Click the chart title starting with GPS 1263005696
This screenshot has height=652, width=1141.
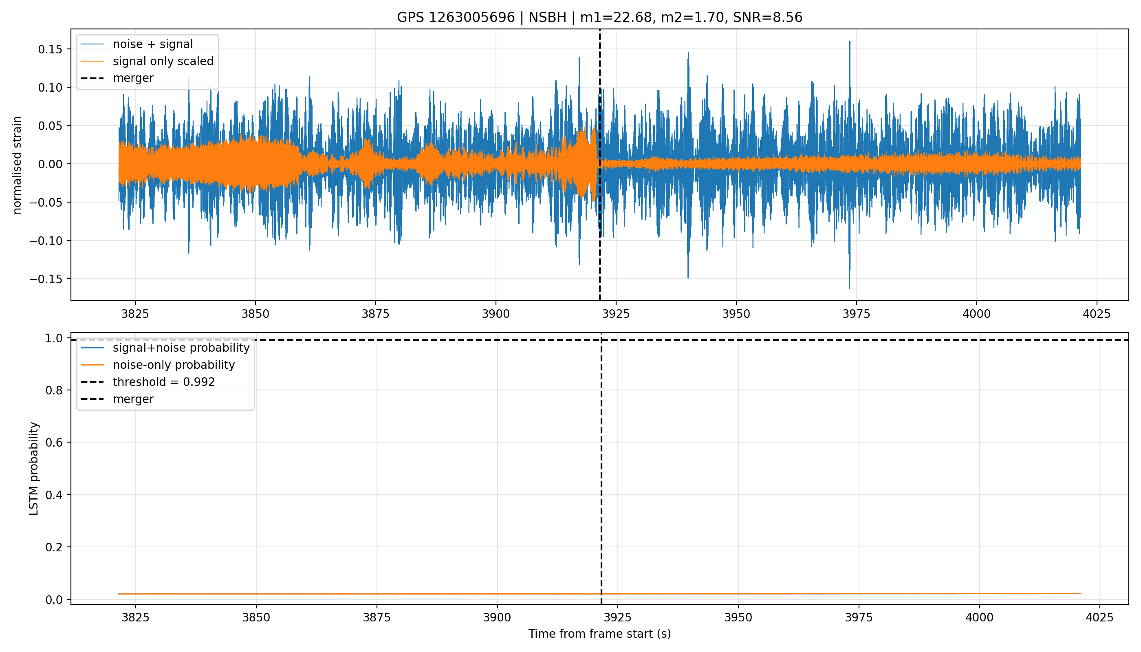point(599,17)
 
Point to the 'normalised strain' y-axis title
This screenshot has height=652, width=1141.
point(17,165)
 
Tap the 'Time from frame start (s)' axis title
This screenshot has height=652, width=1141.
point(599,634)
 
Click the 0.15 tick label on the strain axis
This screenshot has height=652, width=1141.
point(50,49)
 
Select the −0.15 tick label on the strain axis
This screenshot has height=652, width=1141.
point(46,280)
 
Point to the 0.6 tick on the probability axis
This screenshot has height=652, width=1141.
point(54,443)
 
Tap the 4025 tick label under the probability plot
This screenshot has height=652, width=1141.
point(1099,617)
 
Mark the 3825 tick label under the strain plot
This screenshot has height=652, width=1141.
point(135,314)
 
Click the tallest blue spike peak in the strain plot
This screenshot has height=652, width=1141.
point(850,42)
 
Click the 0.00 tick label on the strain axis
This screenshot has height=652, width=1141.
point(50,164)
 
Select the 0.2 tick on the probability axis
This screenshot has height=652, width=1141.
point(54,547)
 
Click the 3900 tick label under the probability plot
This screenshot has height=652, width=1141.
point(497,617)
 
